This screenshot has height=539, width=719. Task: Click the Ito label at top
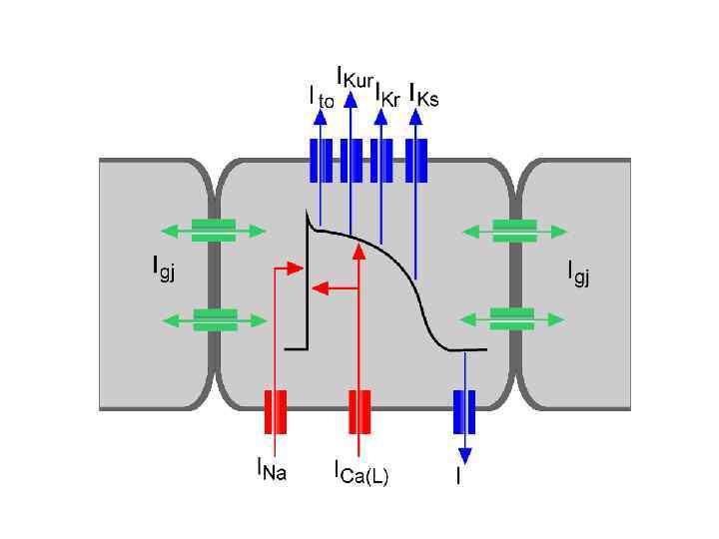tap(321, 97)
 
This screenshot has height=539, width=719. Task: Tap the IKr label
tap(389, 97)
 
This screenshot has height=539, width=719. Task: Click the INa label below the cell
tap(271, 468)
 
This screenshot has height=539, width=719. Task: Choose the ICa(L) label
tap(360, 470)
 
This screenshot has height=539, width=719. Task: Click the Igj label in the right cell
tap(578, 269)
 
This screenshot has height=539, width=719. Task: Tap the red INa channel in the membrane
tap(275, 411)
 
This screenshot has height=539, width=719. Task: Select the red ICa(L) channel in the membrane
tap(359, 411)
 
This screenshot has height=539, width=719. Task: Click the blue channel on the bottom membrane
tap(464, 411)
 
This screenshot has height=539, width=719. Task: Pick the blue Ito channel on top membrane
tap(321, 161)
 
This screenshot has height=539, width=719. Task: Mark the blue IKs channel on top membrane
tap(417, 161)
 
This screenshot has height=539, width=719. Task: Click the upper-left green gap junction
tap(214, 231)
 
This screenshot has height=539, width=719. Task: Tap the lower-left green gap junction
tap(214, 319)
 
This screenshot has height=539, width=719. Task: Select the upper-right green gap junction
tap(515, 231)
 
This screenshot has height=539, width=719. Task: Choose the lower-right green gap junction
tap(515, 319)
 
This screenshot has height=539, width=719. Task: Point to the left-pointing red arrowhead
tap(318, 288)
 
